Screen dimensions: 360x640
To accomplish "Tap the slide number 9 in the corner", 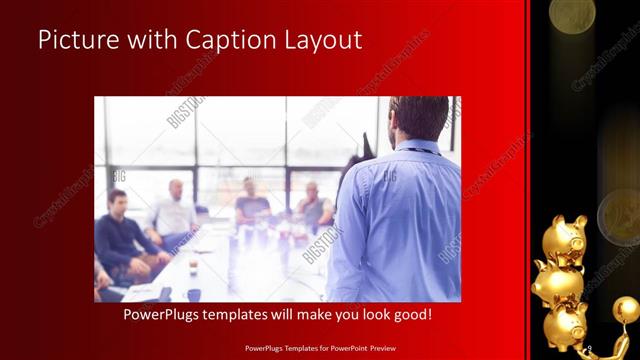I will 590,347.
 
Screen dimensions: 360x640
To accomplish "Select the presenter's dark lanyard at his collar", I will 420,148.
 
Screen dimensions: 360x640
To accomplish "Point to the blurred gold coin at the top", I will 572,12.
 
